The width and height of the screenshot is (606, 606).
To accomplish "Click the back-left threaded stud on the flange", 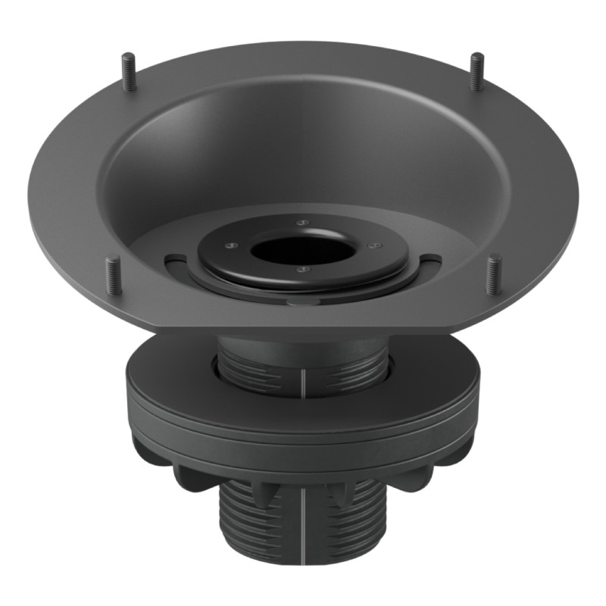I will (130, 71).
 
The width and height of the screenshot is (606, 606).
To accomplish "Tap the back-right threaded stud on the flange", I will (476, 71).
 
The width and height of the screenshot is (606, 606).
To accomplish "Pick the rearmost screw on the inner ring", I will (301, 223).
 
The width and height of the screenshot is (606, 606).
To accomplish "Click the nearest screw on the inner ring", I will (302, 267).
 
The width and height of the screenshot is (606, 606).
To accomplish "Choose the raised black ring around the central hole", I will (227, 261).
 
